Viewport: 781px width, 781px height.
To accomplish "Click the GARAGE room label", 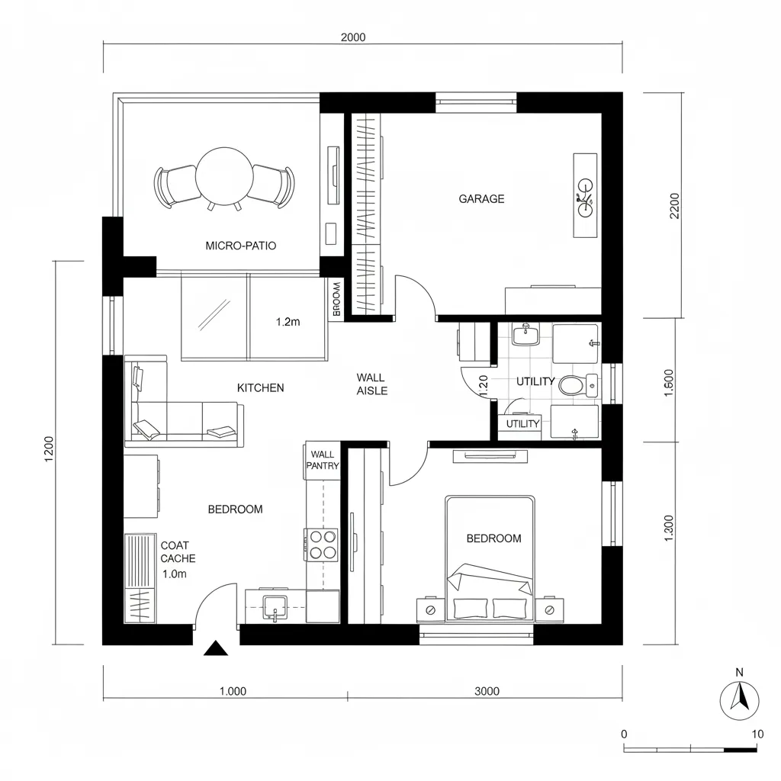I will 481,199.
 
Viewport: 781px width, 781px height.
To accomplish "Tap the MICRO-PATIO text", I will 241,246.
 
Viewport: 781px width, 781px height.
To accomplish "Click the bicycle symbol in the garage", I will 585,196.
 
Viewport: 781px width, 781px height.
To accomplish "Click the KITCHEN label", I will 261,388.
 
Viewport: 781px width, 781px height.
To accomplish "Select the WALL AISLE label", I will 371,384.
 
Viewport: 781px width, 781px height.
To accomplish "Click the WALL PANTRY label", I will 323,460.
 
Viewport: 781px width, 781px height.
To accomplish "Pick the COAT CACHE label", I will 178,552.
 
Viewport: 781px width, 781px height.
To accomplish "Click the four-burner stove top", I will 323,545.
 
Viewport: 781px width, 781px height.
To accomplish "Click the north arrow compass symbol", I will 739,697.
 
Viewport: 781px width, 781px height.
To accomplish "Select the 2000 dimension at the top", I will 352,37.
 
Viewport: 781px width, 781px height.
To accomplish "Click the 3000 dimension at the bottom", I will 487,692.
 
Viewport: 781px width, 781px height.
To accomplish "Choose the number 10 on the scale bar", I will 757,734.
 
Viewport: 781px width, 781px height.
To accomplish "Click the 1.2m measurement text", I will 288,322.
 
